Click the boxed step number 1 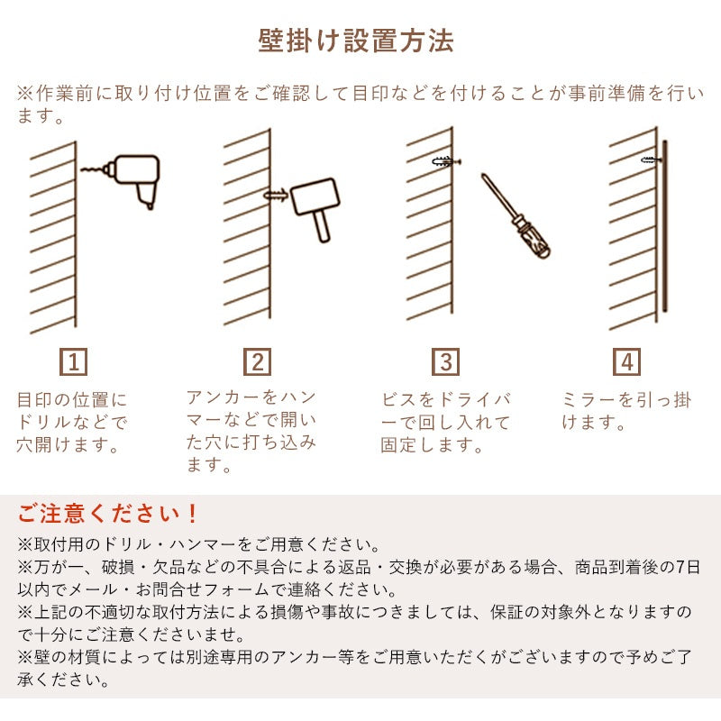(x=75, y=363)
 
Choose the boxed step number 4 (x=628, y=363)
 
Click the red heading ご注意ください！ (x=109, y=515)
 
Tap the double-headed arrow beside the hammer (x=275, y=194)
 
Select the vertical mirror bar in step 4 (x=665, y=225)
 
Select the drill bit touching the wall (x=92, y=168)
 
